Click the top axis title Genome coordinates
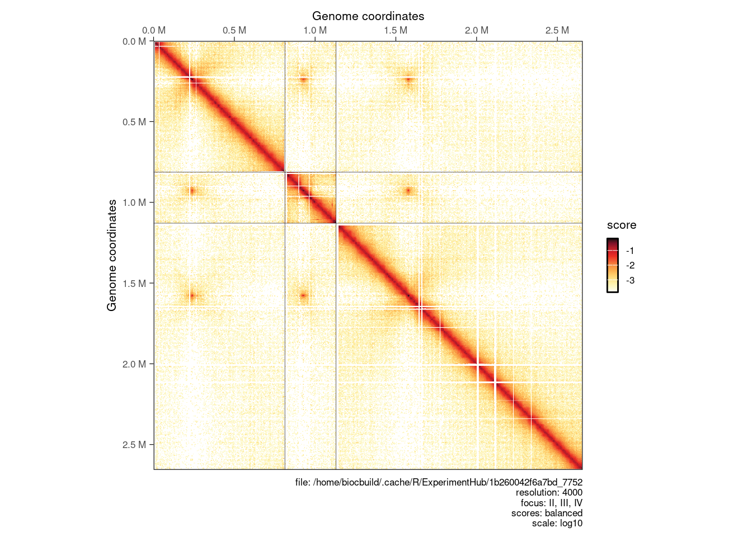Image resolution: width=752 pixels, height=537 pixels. tap(368, 16)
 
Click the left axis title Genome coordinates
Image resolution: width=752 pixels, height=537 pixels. tap(112, 255)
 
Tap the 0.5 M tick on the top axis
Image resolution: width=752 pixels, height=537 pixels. tap(234, 30)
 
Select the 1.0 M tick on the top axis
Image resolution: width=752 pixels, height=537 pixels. tap(315, 30)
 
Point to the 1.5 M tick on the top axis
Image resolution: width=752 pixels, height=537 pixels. tap(396, 30)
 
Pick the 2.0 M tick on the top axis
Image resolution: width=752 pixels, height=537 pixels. tap(476, 30)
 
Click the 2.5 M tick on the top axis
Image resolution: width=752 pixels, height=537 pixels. tap(557, 30)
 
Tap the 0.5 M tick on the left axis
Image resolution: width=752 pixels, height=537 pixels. tap(134, 122)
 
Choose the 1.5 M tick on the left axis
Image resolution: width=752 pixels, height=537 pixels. tap(134, 284)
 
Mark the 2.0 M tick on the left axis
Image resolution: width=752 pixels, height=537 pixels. tap(134, 364)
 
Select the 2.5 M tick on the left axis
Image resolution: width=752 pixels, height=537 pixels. tap(134, 445)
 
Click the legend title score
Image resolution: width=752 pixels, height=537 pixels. tap(622, 225)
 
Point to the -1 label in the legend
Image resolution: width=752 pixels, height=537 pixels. tap(630, 251)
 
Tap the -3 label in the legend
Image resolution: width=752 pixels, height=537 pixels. tap(630, 281)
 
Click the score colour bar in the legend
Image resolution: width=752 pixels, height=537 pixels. tap(613, 265)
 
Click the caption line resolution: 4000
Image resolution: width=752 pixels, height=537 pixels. tap(549, 493)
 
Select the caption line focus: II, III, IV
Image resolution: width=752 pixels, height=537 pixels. tap(551, 503)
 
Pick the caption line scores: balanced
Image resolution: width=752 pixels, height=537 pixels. tap(547, 513)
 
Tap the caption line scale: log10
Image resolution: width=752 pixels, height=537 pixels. tap(557, 524)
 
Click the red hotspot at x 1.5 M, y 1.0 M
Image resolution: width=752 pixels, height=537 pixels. tap(408, 191)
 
